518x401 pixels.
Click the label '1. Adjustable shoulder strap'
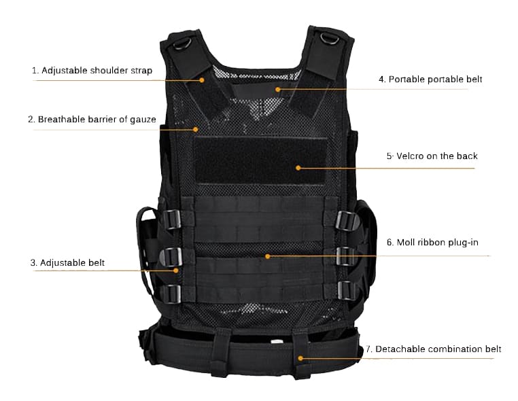coord(92,71)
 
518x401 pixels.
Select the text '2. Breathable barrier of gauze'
coord(92,119)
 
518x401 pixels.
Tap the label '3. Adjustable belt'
coord(67,263)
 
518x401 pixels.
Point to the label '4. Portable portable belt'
coord(430,80)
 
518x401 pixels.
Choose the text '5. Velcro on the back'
coord(432,156)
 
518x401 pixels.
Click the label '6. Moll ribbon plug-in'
coord(432,243)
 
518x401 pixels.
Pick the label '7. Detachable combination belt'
coord(434,349)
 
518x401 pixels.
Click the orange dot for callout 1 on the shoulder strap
coord(202,80)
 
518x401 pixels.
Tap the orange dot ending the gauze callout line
coord(196,130)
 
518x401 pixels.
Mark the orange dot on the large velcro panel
coord(298,168)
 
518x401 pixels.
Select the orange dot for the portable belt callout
coord(278,89)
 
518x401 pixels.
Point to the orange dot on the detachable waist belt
coord(300,358)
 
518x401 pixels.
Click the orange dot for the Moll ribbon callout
coord(268,256)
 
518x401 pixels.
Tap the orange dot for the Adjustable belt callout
coord(176,271)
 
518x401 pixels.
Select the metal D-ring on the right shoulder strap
coord(330,38)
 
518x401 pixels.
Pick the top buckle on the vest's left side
coord(172,219)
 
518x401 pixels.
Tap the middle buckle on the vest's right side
coord(346,256)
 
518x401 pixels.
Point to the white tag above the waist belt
coord(277,341)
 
